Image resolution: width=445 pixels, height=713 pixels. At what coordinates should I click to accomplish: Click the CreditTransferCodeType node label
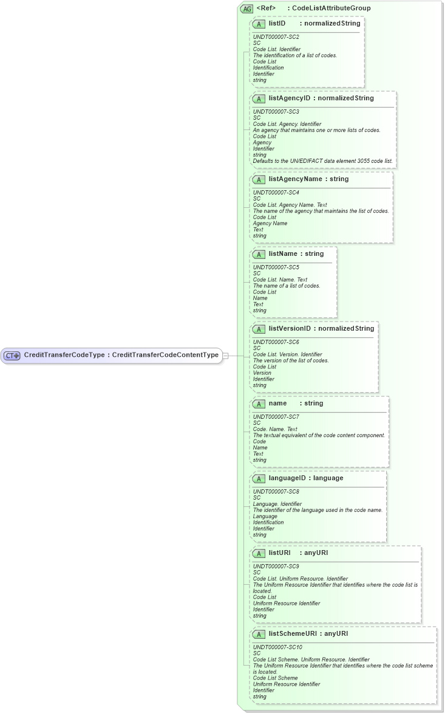click(x=121, y=355)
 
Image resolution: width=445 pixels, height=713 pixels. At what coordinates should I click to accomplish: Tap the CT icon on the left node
click(x=13, y=356)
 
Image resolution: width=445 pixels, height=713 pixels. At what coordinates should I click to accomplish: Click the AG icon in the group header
click(x=247, y=9)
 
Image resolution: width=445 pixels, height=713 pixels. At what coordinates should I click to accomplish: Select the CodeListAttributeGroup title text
click(x=331, y=9)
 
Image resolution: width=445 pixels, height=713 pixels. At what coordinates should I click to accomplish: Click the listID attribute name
click(x=277, y=23)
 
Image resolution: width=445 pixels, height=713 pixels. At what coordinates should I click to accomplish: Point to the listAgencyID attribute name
click(x=290, y=98)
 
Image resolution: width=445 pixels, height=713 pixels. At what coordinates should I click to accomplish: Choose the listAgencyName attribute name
click(x=294, y=179)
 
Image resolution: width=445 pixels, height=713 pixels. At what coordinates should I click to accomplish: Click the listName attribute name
click(x=282, y=253)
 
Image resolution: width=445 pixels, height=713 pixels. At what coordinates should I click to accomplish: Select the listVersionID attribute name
click(x=290, y=328)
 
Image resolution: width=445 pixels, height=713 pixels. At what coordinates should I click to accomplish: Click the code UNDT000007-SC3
click(x=276, y=112)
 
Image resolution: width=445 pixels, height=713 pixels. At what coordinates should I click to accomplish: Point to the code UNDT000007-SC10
click(x=277, y=647)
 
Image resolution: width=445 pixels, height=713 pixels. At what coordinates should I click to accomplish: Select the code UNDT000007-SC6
click(x=276, y=342)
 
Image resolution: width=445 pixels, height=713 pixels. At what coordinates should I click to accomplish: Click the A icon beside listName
click(x=259, y=254)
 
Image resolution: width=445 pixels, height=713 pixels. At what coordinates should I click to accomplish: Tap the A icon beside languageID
click(x=259, y=478)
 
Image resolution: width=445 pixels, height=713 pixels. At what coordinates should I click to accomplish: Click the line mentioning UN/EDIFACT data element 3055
click(x=322, y=161)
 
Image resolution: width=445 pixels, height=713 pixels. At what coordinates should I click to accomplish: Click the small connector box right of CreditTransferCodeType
click(x=225, y=356)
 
